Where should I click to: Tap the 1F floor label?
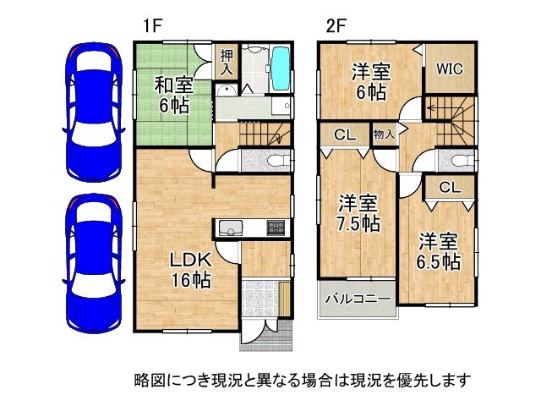point(151,25)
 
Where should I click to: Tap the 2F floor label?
point(336,25)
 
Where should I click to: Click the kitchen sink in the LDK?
point(231,228)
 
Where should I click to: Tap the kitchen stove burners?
point(277,228)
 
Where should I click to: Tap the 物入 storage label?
point(384,134)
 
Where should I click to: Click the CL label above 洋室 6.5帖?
point(449,188)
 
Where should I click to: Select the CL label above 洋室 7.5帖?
point(343,134)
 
